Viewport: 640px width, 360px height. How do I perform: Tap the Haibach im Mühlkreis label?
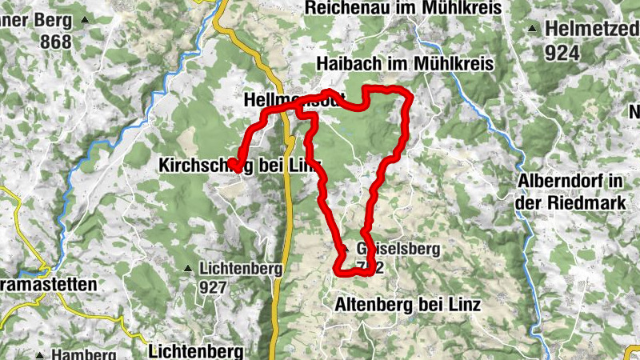click(406, 63)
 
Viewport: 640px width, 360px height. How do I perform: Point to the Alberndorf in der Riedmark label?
click(570, 192)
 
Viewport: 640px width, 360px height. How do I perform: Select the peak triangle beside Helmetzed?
click(533, 29)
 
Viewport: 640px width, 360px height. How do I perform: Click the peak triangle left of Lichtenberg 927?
click(188, 268)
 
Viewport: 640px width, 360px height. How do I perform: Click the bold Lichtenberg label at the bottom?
click(195, 350)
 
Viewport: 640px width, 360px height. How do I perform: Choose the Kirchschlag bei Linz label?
click(239, 166)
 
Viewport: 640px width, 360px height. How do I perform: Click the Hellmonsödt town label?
click(293, 101)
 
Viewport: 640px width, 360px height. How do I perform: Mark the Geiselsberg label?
click(398, 249)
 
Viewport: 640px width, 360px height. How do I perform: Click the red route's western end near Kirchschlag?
click(236, 166)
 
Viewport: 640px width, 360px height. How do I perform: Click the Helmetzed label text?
click(592, 29)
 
